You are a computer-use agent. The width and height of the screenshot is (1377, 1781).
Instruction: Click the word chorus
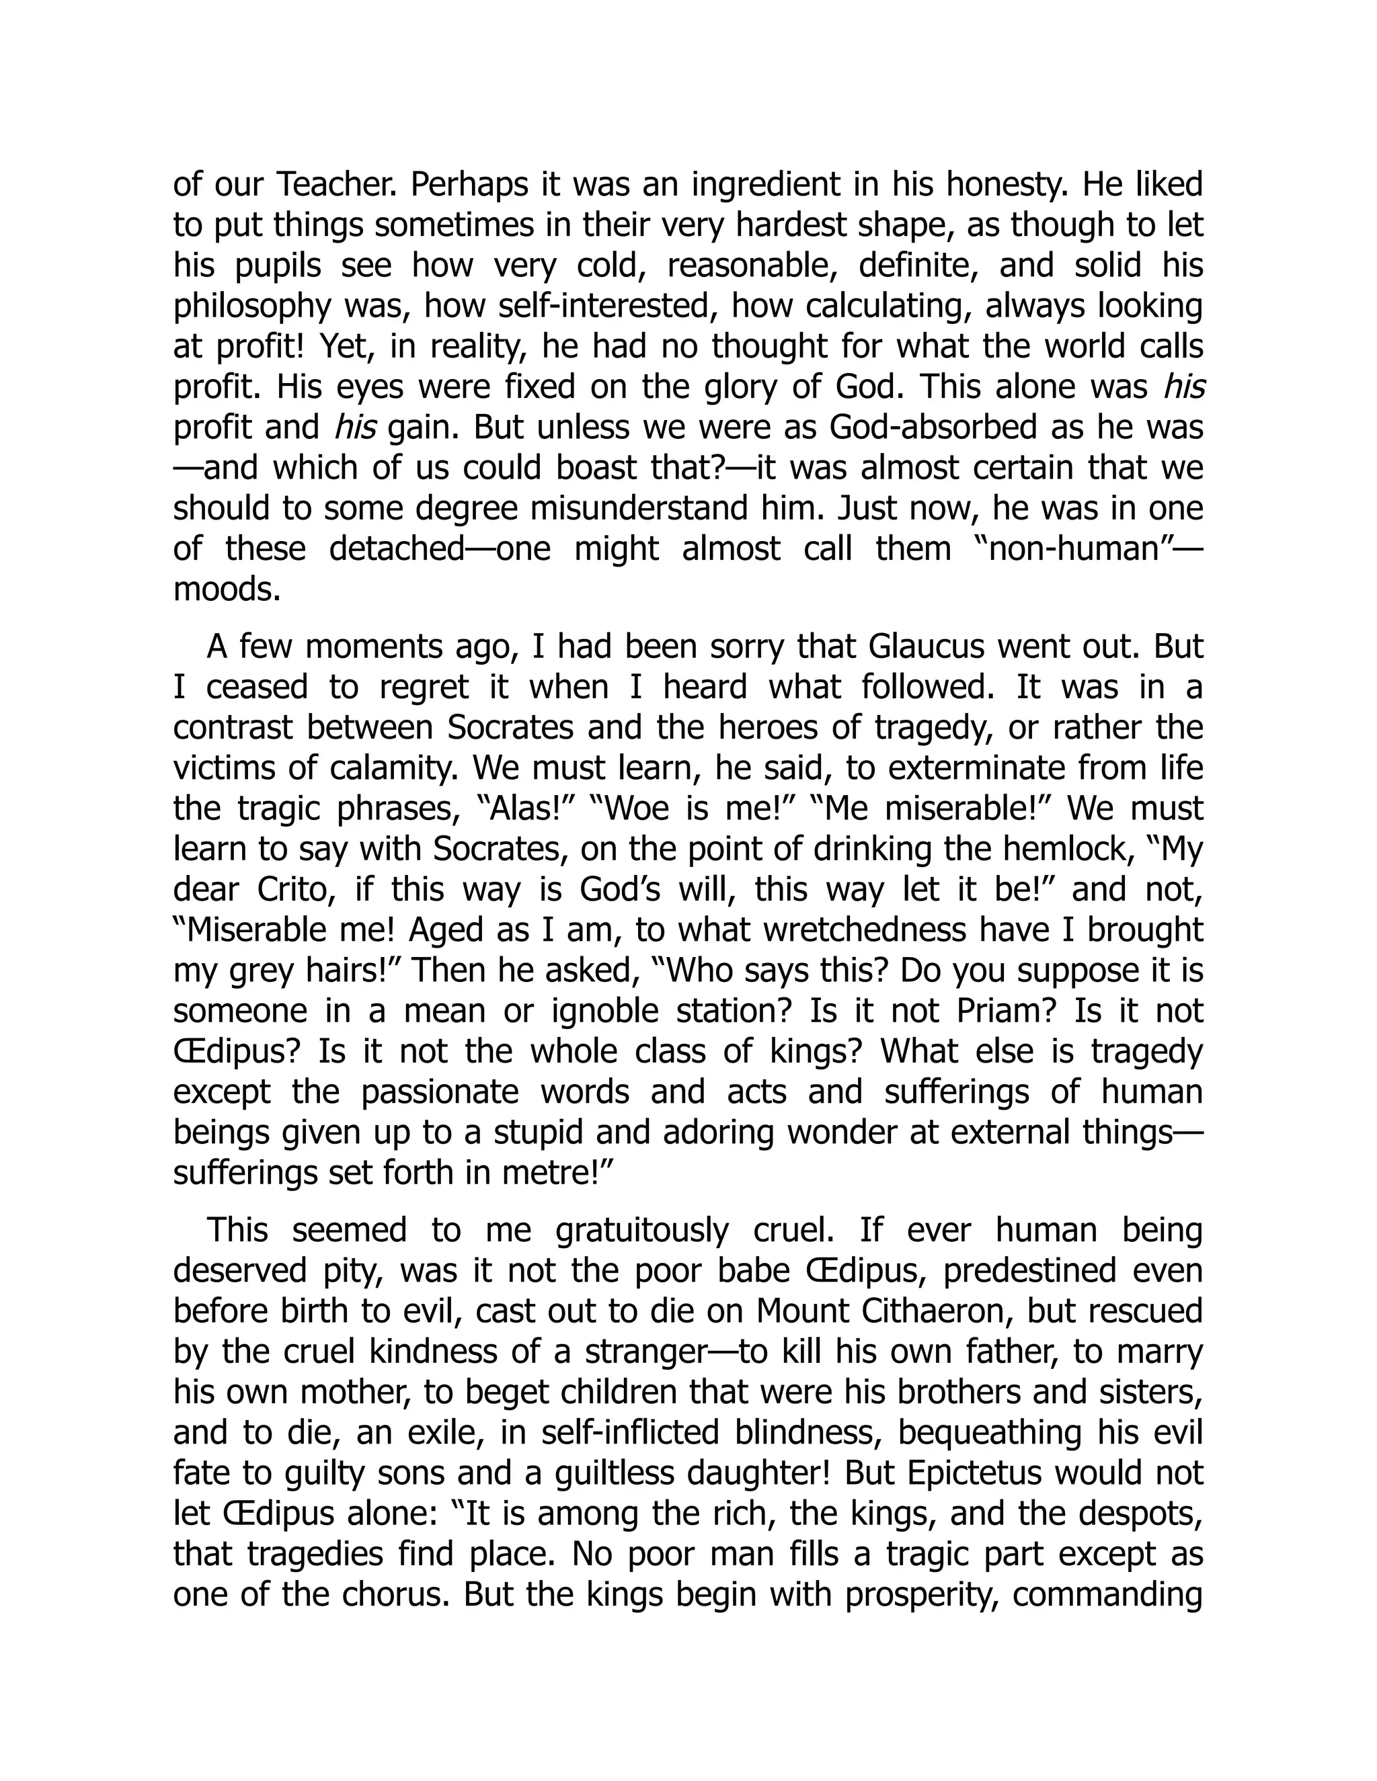tap(394, 1593)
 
